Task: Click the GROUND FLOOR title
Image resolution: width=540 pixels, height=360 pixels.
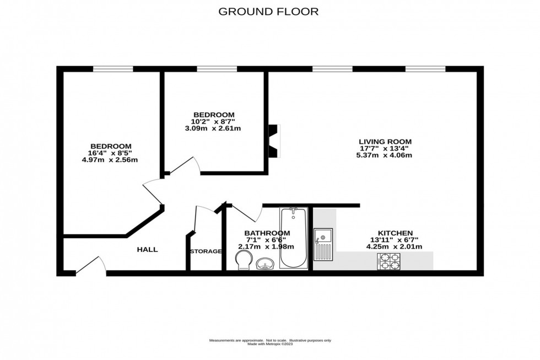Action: click(x=269, y=12)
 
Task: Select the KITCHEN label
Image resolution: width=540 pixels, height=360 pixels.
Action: click(x=395, y=233)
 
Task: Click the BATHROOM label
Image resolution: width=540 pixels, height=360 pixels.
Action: click(x=267, y=233)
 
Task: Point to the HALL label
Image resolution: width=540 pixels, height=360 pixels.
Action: click(x=147, y=250)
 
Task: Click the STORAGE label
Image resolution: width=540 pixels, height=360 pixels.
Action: click(x=206, y=251)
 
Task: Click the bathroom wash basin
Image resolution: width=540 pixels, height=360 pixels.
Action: click(x=266, y=265)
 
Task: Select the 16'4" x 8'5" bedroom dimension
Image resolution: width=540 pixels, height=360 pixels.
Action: click(x=109, y=153)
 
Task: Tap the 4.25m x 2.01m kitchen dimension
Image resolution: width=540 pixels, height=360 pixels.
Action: click(x=395, y=246)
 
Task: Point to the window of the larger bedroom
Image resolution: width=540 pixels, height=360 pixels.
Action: click(x=113, y=69)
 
